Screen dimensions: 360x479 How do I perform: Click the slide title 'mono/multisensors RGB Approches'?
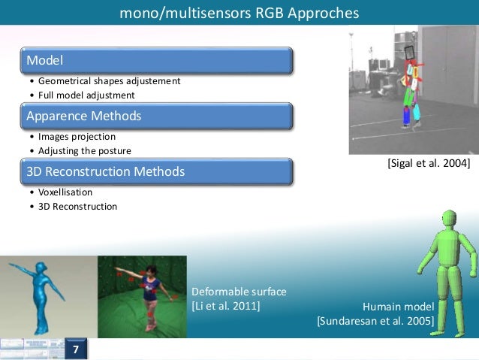(x=239, y=14)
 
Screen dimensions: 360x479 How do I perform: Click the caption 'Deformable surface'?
(x=239, y=292)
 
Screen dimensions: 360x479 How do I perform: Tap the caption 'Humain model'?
(x=398, y=307)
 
